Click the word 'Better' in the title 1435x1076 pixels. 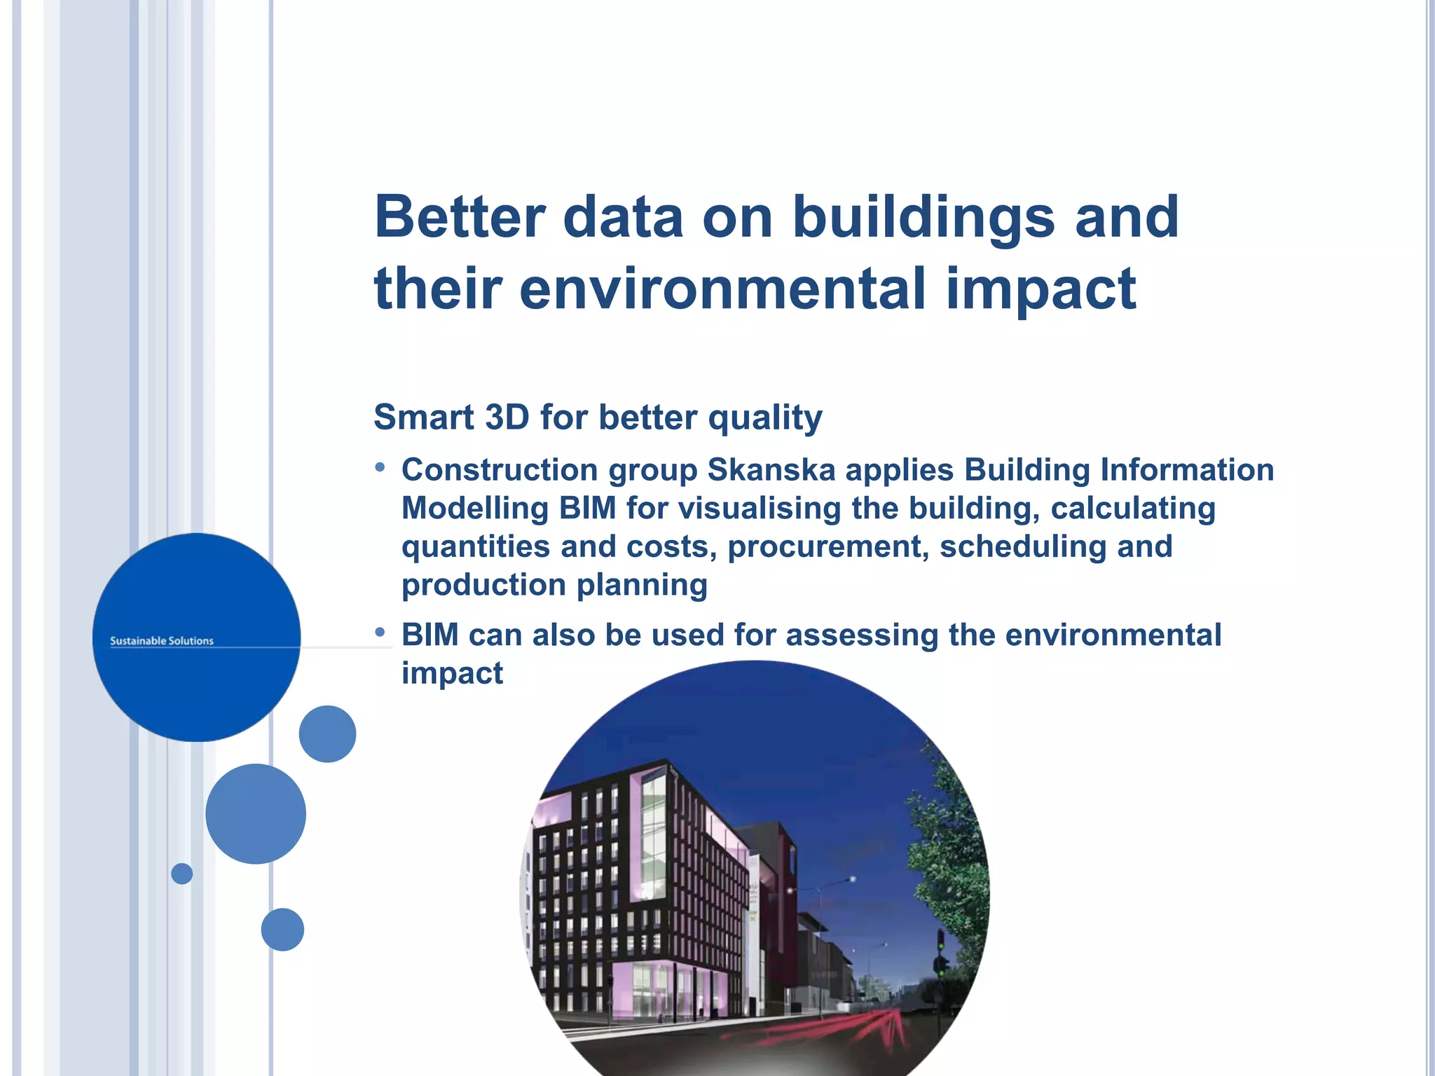pyautogui.click(x=460, y=217)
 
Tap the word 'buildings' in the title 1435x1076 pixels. pyautogui.click(x=923, y=217)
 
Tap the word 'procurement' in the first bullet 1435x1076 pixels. pyautogui.click(x=828, y=547)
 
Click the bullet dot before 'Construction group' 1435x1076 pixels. pyautogui.click(x=380, y=467)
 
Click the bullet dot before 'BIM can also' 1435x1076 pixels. pyautogui.click(x=380, y=633)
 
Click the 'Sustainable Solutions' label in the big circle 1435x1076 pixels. pyautogui.click(x=162, y=641)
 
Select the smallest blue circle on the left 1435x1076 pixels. pyautogui.click(x=181, y=874)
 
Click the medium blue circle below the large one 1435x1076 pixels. pyautogui.click(x=256, y=813)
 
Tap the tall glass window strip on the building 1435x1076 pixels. pyautogui.click(x=653, y=834)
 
